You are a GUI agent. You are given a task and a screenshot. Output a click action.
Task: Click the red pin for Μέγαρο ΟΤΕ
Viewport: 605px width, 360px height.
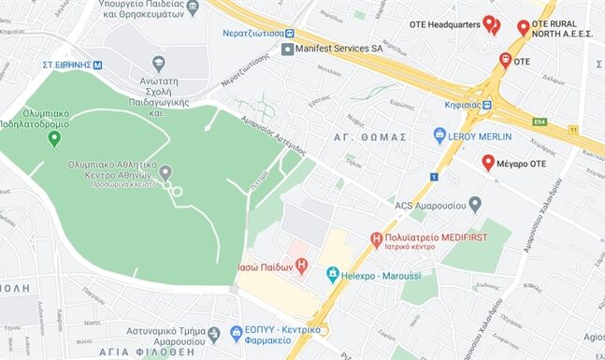(x=487, y=163)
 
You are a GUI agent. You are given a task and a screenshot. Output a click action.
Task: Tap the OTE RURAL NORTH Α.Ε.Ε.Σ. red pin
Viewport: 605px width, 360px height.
(x=523, y=27)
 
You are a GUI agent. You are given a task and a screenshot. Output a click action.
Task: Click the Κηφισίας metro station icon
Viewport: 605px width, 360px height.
(x=487, y=105)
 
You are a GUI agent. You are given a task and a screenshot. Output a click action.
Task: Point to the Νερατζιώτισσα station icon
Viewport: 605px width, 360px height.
(x=290, y=33)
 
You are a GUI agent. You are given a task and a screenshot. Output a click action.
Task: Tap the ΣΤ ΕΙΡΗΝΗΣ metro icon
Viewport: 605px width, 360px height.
(x=97, y=65)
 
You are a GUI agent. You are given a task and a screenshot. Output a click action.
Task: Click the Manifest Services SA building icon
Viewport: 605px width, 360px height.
(x=288, y=49)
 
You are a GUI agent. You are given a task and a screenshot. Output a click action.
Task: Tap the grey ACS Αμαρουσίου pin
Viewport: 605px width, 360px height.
(x=475, y=203)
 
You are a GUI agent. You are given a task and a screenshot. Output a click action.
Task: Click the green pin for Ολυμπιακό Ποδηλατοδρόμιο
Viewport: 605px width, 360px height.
(x=54, y=138)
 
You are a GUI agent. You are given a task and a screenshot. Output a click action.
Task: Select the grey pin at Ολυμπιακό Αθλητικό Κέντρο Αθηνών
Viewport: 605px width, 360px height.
(x=166, y=172)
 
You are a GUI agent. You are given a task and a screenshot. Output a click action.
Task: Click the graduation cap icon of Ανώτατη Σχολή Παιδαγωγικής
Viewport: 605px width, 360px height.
(x=158, y=63)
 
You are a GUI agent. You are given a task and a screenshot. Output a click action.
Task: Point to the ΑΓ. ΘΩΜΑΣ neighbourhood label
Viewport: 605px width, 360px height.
(x=370, y=137)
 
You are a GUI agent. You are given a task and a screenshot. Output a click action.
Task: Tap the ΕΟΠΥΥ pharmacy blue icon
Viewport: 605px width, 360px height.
(x=213, y=333)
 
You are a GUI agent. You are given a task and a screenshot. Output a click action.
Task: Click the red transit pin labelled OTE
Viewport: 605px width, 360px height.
(x=505, y=61)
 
